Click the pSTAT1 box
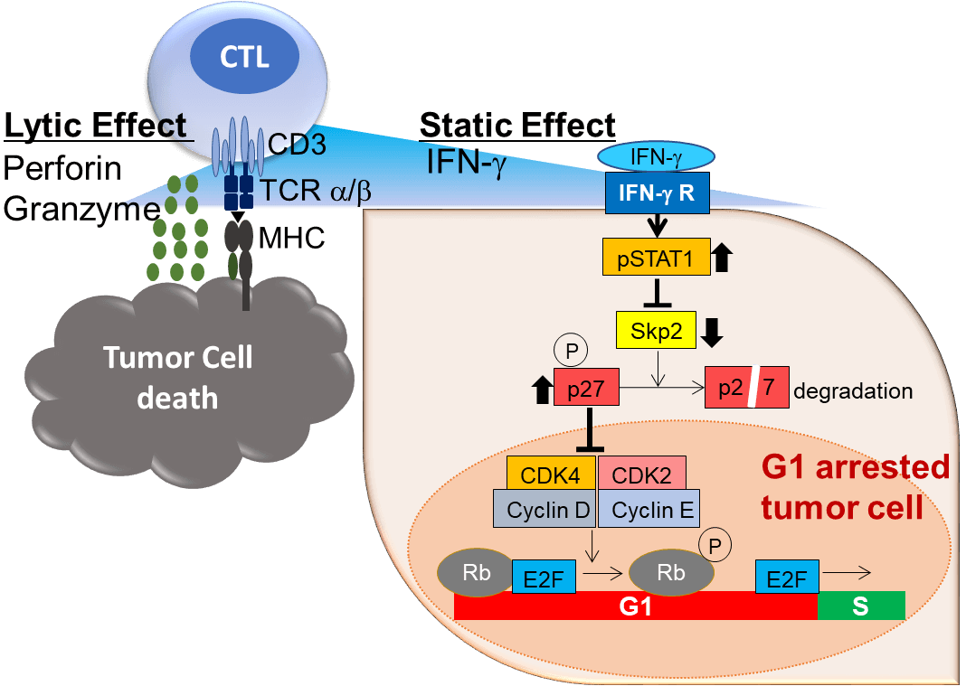point(655,258)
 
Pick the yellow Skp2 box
point(656,331)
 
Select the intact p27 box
point(585,390)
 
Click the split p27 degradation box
point(746,390)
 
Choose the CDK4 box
point(550,474)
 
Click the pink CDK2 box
point(640,474)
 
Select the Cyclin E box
point(648,510)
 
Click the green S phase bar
point(860,606)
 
